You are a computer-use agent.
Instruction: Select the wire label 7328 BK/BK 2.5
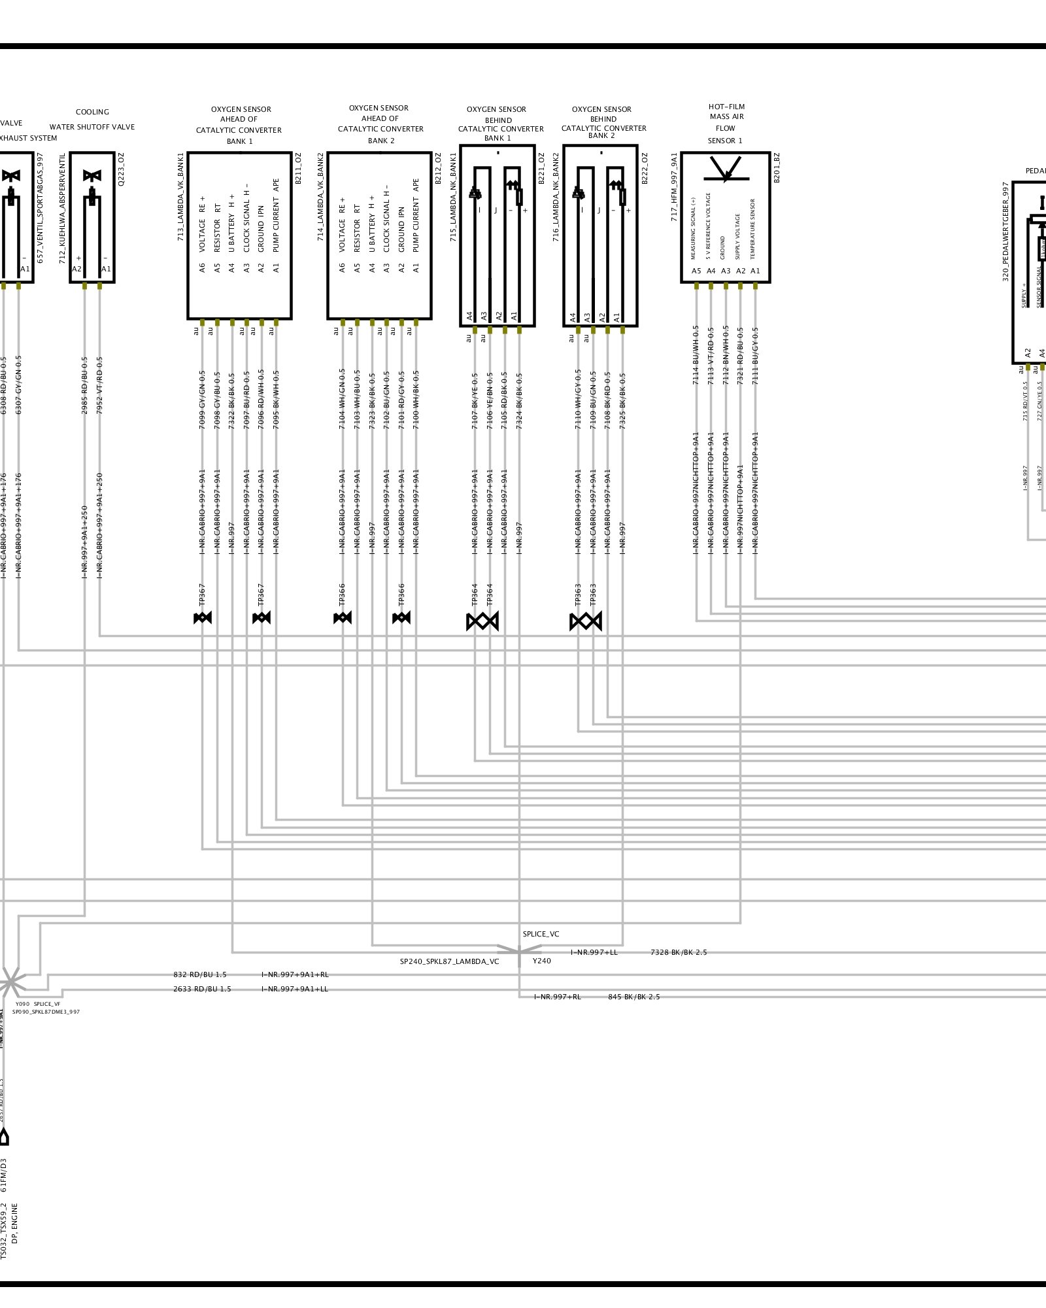coord(679,952)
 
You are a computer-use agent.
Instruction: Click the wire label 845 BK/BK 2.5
coord(633,997)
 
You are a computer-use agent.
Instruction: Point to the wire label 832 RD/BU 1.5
coord(200,974)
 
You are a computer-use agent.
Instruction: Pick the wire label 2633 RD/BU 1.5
coord(202,989)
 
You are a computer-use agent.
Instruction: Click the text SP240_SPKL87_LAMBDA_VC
coord(449,962)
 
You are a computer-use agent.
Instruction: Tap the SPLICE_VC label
coord(541,934)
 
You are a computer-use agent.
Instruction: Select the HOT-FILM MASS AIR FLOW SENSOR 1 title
coord(726,124)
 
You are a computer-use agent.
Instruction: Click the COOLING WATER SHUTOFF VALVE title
coord(92,120)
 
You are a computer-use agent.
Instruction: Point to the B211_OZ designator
coord(298,169)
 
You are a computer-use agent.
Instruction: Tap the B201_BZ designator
coord(777,167)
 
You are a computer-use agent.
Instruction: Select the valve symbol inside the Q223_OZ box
coord(92,177)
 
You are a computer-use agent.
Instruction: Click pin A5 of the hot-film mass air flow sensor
coord(696,271)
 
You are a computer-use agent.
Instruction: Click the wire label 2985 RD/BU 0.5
coord(84,386)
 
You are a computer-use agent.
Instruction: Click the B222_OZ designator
coord(644,169)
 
